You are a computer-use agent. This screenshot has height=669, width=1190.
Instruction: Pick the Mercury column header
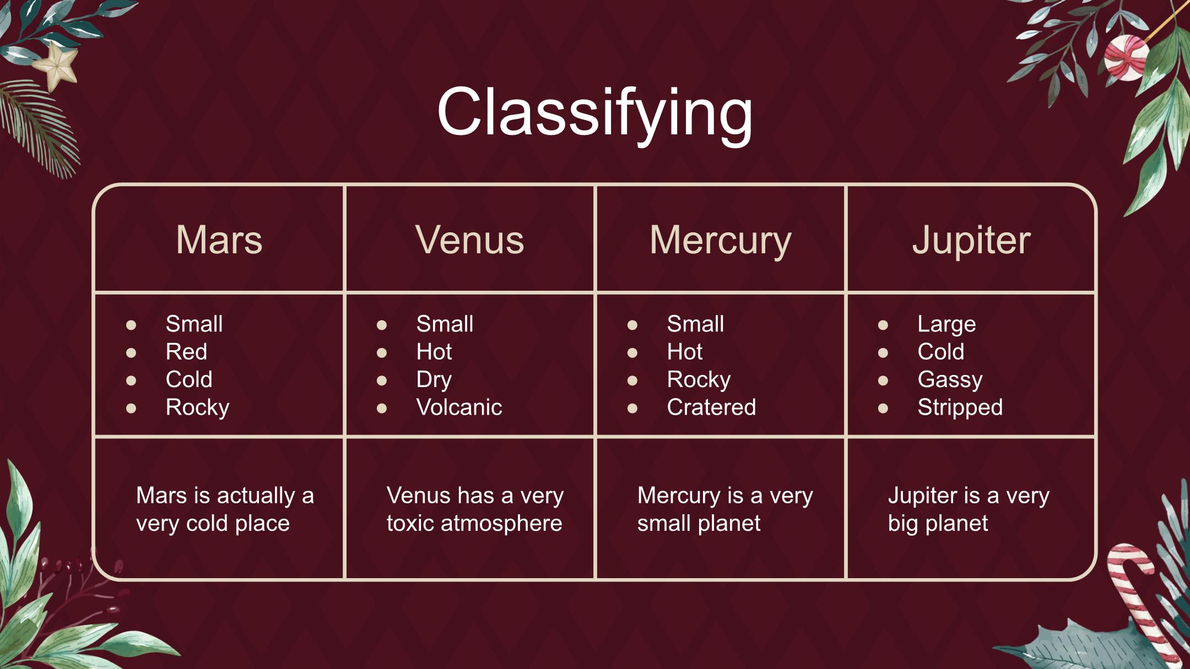(720, 241)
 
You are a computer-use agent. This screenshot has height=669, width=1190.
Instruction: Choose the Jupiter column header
(971, 240)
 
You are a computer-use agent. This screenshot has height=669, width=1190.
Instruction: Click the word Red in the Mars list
(186, 352)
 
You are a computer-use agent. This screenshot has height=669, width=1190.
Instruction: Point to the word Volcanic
(459, 407)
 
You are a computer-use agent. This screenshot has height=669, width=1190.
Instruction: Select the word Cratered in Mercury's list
(711, 407)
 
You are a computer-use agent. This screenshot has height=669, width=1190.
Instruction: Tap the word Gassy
(950, 380)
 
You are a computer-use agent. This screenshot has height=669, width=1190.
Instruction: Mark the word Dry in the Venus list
(434, 380)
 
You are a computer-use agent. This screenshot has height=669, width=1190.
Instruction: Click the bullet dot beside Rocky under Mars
(131, 408)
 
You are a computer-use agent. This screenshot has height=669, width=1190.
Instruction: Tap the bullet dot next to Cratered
(632, 408)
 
